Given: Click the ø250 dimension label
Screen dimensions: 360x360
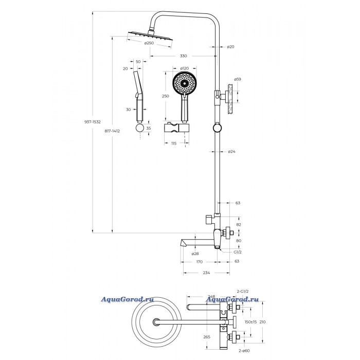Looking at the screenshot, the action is click(x=149, y=43).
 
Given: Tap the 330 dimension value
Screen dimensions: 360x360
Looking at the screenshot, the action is click(x=183, y=56).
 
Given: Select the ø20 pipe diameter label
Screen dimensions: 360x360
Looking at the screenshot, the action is click(x=230, y=47).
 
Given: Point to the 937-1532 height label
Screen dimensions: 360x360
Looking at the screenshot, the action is click(x=93, y=122).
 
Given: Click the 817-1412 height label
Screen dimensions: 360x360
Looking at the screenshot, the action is click(x=112, y=131).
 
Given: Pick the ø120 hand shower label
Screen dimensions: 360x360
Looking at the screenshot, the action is click(x=184, y=68).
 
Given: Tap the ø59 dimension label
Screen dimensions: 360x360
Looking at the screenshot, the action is click(x=238, y=79).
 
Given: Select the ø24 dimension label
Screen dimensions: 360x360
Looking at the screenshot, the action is click(x=231, y=152).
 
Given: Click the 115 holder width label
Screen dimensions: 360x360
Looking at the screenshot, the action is click(x=174, y=143).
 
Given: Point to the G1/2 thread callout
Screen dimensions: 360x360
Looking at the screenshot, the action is click(x=238, y=252).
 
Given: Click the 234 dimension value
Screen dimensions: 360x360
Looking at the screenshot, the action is click(x=206, y=273).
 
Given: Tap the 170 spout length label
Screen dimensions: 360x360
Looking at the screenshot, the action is click(x=200, y=262).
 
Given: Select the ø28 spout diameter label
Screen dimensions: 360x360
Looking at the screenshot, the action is click(x=195, y=254).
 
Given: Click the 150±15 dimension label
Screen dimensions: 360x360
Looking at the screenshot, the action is click(x=250, y=322).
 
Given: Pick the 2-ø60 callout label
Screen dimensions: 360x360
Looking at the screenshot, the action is click(x=244, y=351).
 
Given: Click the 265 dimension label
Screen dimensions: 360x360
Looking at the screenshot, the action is click(x=207, y=337).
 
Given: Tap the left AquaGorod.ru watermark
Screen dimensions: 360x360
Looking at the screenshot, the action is click(x=127, y=299).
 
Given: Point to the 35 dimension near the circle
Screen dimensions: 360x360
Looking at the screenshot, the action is click(x=149, y=129).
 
